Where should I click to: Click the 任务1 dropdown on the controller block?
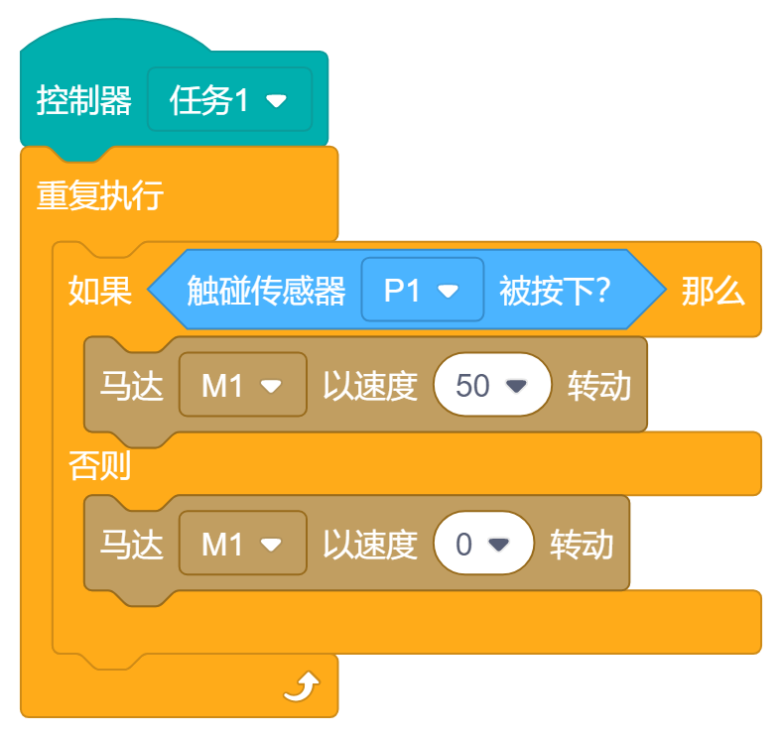229,100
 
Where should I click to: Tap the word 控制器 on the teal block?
84,100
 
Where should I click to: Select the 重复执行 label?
100,195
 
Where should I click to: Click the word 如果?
99,291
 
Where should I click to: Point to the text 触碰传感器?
266,291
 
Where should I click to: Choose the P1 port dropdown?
422,291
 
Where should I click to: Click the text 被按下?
554,291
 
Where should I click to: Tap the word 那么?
713,291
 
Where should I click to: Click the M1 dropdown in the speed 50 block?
242,385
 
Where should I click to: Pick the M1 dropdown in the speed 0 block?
242,544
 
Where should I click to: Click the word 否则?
99,464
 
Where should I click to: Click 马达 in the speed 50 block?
131,385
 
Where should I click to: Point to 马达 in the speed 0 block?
131,544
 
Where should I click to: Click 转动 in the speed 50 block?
598,385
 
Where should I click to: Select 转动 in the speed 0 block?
582,544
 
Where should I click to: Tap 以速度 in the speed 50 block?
369,385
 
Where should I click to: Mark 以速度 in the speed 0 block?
369,544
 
